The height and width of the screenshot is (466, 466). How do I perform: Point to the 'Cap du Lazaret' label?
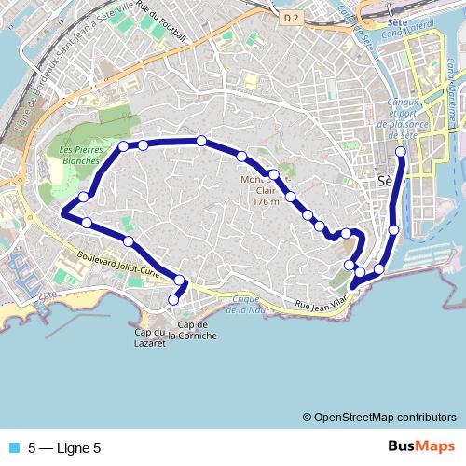pyautogui.click(x=149, y=338)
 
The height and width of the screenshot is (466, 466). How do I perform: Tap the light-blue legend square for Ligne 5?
pyautogui.click(x=12, y=447)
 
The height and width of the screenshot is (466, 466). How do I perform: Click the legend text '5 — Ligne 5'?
pyautogui.click(x=64, y=447)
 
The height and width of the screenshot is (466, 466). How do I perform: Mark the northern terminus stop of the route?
pyautogui.click(x=402, y=151)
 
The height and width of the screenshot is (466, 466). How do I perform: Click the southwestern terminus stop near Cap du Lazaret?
pyautogui.click(x=172, y=299)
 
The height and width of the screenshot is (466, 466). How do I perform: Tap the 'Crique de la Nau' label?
pyautogui.click(x=246, y=304)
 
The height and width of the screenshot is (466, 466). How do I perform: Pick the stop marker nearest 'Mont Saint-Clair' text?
pyautogui.click(x=274, y=174)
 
